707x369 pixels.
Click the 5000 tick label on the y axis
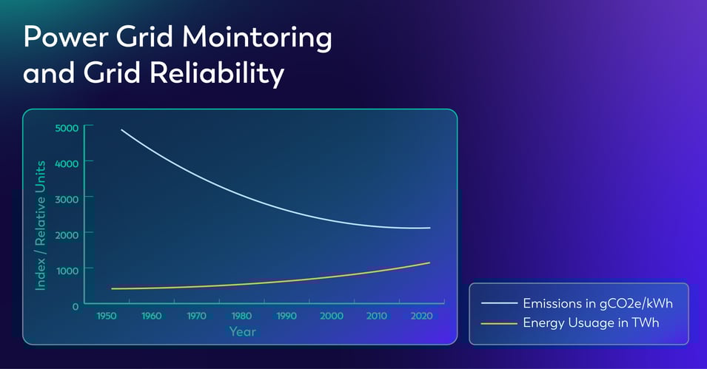(x=66, y=127)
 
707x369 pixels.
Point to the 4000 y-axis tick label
(x=66, y=162)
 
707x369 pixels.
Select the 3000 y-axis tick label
(x=66, y=197)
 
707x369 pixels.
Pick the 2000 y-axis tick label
(x=66, y=234)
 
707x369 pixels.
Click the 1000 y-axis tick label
(x=66, y=269)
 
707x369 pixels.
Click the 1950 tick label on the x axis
(x=107, y=316)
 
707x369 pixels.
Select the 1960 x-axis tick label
(x=151, y=316)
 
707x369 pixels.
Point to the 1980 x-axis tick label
(x=241, y=316)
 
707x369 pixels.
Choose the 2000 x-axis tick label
(x=332, y=316)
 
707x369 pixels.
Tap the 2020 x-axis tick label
(x=422, y=316)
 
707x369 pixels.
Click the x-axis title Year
(x=243, y=331)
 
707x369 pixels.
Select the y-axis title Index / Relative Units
(x=41, y=225)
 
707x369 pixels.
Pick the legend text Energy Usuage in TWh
(x=591, y=322)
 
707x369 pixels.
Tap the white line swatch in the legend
(x=497, y=304)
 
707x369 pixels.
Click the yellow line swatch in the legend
(x=497, y=323)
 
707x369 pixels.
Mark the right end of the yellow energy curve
(x=429, y=263)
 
